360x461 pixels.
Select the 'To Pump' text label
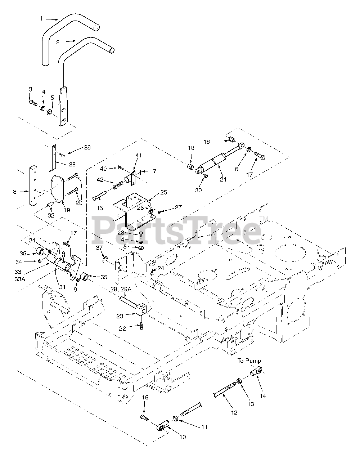[x=249, y=361]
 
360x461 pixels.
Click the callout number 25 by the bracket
[x=163, y=193]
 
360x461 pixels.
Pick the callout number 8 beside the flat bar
[x=15, y=192]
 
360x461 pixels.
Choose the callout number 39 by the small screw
[x=87, y=148]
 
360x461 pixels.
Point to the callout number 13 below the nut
[x=250, y=404]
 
